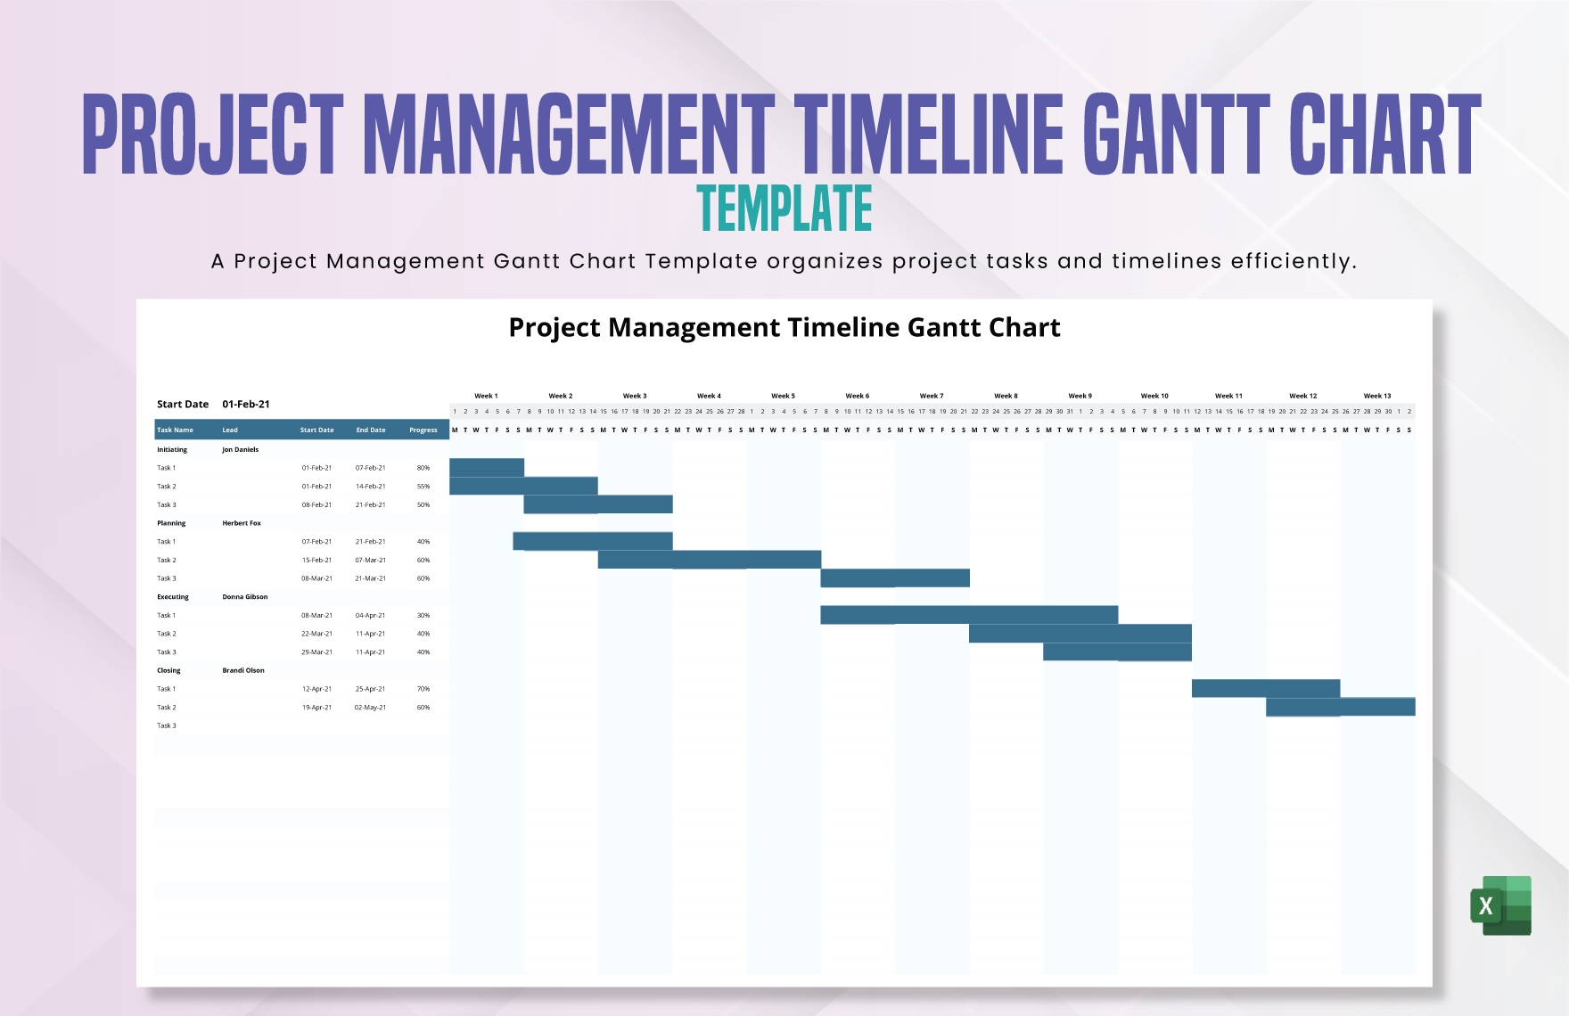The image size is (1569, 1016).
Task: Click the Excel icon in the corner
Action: click(1501, 905)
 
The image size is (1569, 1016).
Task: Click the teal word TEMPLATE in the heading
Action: click(784, 209)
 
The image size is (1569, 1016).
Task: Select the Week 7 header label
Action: click(932, 396)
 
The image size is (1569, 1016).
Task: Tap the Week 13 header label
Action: click(1376, 396)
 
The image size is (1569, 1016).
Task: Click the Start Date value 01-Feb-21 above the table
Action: click(246, 404)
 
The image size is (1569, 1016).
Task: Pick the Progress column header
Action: click(423, 430)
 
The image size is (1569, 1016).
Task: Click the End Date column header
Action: click(371, 430)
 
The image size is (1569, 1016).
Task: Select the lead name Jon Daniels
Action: click(241, 449)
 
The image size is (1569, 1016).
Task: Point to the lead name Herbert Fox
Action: click(242, 523)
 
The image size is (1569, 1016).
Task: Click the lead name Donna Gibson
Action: click(245, 597)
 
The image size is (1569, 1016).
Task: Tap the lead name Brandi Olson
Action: click(243, 670)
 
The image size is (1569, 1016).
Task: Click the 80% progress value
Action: click(423, 468)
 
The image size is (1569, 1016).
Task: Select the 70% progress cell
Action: click(423, 689)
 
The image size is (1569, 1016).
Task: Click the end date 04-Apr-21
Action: click(371, 615)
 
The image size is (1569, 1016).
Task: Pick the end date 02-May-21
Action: click(371, 708)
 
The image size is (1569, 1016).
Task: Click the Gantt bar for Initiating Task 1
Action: click(487, 468)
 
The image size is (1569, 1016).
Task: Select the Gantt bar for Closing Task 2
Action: click(1340, 707)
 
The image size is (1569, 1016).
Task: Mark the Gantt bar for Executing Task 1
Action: click(969, 615)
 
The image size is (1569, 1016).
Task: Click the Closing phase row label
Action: click(168, 670)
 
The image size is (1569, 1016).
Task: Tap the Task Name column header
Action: click(176, 430)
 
